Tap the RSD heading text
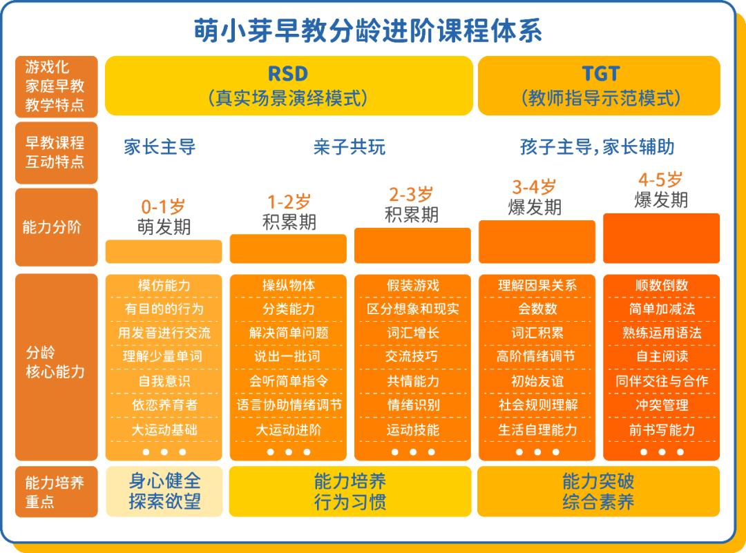click(287, 73)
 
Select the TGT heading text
click(600, 73)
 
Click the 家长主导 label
click(160, 147)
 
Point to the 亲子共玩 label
click(349, 147)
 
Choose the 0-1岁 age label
click(163, 206)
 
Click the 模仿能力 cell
click(164, 286)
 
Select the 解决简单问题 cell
click(288, 333)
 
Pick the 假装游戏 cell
click(412, 286)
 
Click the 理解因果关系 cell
click(537, 286)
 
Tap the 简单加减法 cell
click(661, 309)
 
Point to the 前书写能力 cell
click(661, 429)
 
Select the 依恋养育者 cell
click(164, 405)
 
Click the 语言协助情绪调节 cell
click(288, 405)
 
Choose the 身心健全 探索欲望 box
click(164, 491)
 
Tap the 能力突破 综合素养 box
click(597, 491)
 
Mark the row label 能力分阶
click(52, 227)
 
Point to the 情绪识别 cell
click(412, 405)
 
